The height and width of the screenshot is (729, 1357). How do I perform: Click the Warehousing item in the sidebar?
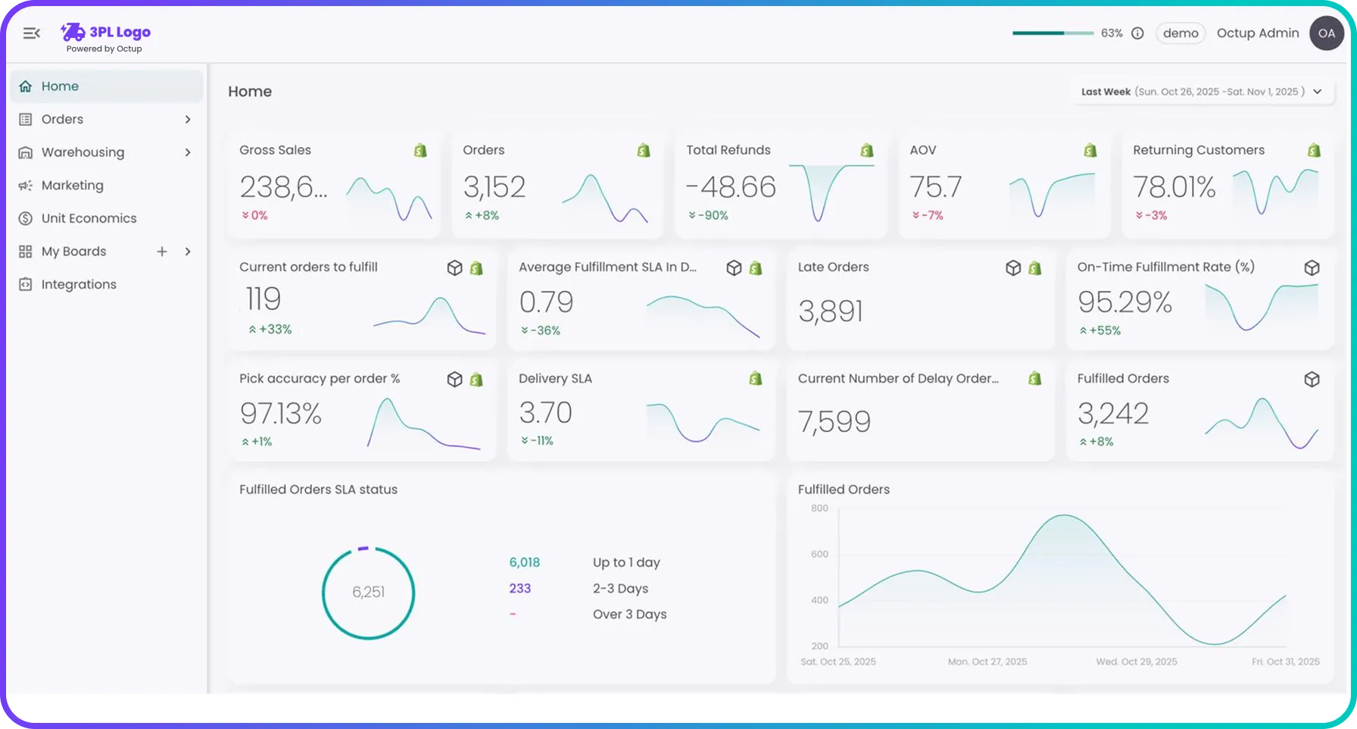point(83,152)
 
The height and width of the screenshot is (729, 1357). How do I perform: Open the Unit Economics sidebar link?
point(89,218)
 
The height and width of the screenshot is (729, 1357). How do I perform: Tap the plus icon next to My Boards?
point(162,252)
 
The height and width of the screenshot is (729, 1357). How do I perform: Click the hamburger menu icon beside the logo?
point(31,33)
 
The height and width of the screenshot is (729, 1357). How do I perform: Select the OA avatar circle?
point(1326,33)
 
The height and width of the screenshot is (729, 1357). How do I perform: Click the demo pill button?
point(1180,33)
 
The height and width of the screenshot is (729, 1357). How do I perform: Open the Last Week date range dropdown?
point(1202,92)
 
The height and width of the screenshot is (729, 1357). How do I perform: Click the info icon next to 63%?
point(1137,33)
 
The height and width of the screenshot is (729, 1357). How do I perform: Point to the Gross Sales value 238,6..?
point(283,187)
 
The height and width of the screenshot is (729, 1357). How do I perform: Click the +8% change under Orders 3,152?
point(482,216)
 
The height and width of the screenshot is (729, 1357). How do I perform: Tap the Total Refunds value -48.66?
point(731,187)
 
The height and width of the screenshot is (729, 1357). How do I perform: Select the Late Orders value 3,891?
point(830,311)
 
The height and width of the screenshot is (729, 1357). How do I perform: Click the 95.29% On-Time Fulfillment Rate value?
point(1125,302)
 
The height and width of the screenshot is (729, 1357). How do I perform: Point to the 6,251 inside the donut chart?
point(368,593)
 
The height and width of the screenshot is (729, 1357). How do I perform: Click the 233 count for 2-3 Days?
point(519,589)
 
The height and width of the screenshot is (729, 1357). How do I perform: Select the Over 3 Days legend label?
point(629,615)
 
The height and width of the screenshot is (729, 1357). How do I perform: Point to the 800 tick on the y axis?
point(819,508)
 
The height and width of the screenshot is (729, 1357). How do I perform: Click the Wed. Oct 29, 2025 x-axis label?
point(1136,662)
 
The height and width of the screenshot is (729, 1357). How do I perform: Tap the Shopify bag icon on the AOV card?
point(1090,151)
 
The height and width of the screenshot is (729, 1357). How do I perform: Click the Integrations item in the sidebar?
point(79,285)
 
